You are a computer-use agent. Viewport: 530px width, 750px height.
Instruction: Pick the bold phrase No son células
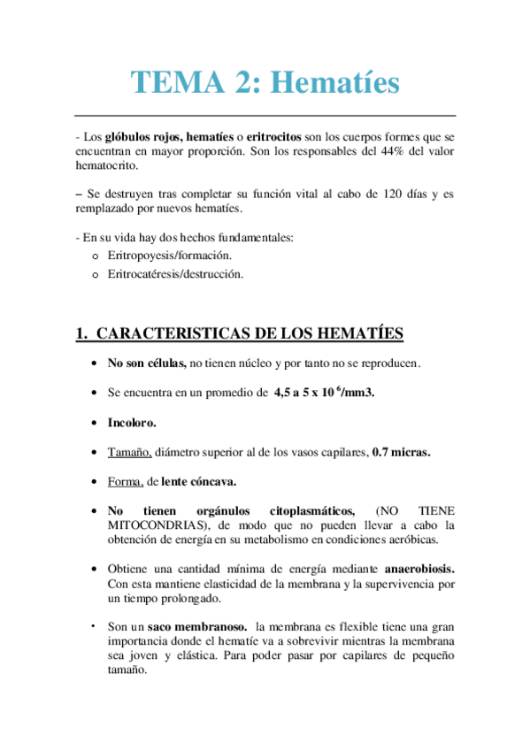[147, 363]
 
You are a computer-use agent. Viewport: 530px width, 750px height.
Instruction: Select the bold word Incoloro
[132, 423]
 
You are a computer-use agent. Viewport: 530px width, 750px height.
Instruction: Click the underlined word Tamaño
[129, 452]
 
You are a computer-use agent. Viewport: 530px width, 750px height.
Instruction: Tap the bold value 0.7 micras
[401, 452]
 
